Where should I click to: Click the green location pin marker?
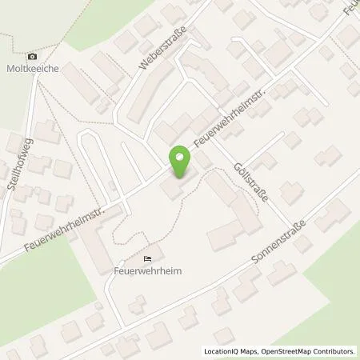tap(182, 162)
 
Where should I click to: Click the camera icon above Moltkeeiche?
tap(32, 56)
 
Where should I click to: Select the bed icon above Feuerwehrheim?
tap(146, 258)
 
